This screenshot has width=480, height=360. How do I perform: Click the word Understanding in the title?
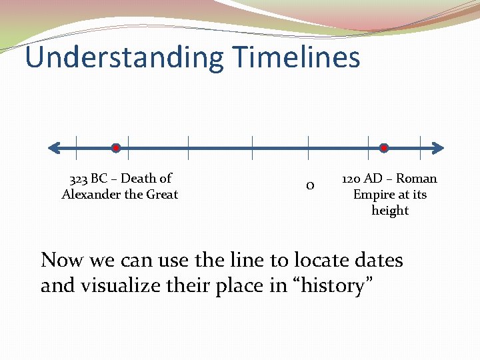pos(124,57)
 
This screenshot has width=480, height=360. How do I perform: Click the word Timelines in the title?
pos(297,57)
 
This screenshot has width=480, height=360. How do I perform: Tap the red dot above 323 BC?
pos(115,147)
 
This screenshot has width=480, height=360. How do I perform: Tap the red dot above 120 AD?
pos(384,147)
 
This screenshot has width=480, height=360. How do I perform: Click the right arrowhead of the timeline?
pos(438,147)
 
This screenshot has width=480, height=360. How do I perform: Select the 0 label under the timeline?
pos(309,185)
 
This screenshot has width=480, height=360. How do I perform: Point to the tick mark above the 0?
pos(308,147)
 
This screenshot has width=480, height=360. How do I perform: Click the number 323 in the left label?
pos(78,179)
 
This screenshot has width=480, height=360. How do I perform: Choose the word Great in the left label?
pos(162,195)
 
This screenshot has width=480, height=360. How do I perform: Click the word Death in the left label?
pos(139,179)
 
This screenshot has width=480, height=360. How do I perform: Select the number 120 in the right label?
pos(352,179)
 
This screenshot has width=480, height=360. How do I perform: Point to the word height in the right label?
pos(390,211)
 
